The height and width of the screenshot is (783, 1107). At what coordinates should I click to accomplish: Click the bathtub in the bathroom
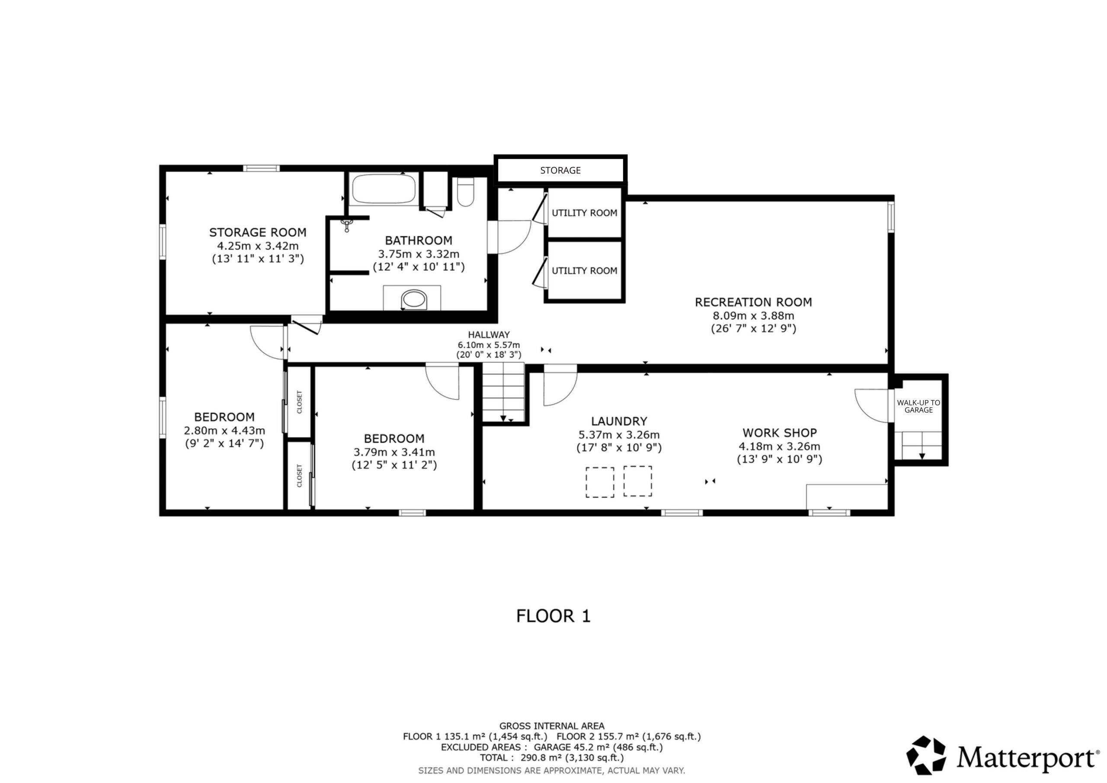tap(383, 189)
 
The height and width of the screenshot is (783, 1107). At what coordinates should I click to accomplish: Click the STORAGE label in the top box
tap(560, 170)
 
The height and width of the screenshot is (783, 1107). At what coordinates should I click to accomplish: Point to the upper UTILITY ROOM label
tap(584, 213)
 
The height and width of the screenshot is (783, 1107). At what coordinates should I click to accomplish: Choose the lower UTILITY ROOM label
tap(584, 271)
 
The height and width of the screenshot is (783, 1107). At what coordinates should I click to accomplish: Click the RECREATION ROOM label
tap(753, 302)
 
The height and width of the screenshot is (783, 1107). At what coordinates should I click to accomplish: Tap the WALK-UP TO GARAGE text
tap(918, 406)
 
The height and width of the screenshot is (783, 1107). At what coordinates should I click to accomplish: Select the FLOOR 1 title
tap(553, 616)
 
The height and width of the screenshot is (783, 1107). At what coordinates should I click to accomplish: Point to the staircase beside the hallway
tap(503, 392)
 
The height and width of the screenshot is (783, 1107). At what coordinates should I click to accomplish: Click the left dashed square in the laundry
tap(600, 482)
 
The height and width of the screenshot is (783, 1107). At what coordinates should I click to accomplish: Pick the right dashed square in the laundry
tap(637, 481)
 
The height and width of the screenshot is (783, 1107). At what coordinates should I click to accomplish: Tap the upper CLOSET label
tap(299, 402)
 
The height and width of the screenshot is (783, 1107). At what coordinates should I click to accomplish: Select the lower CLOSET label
tap(299, 476)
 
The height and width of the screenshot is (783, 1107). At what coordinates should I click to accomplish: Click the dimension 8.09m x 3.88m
tap(753, 316)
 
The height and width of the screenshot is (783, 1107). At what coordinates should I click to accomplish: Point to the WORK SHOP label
tap(779, 433)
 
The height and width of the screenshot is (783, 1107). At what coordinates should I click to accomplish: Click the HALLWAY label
tap(488, 335)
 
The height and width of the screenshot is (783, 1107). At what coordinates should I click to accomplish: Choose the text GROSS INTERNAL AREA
tap(552, 726)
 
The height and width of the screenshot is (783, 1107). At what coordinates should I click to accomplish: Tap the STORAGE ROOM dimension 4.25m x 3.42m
tap(257, 246)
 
